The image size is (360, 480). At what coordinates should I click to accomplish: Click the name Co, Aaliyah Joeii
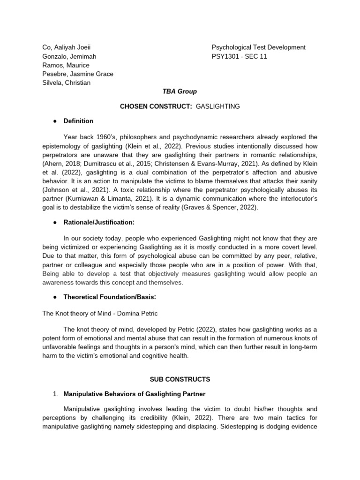[x=66, y=47]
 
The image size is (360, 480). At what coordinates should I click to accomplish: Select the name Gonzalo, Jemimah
[x=69, y=56]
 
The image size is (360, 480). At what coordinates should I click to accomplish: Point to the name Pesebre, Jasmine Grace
[x=77, y=74]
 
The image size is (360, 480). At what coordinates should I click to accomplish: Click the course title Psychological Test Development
[x=258, y=47]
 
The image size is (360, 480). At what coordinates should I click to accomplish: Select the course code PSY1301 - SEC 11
[x=239, y=56]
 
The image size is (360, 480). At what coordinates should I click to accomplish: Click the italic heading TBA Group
[x=180, y=92]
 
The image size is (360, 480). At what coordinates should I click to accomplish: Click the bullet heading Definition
[x=78, y=121]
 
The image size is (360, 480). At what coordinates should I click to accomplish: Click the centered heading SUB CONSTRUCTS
[x=180, y=379]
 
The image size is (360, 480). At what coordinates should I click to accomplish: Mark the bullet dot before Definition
[x=55, y=121]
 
